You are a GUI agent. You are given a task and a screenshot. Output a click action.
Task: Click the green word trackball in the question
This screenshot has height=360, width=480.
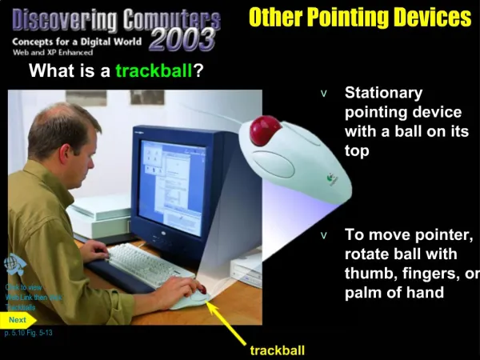coord(154,72)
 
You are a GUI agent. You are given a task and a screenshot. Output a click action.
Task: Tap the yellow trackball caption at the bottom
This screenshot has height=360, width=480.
coord(277,350)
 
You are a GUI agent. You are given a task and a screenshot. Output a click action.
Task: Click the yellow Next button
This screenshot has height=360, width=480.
coord(18,319)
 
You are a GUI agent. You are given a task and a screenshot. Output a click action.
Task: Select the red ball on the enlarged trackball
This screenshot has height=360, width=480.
coord(266,130)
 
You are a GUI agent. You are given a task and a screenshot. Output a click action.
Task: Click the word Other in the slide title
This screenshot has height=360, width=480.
coord(276,17)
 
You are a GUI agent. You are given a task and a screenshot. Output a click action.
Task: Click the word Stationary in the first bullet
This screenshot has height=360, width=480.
coord(383,94)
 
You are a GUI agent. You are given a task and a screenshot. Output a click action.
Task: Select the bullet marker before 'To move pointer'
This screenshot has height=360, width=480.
coord(324,236)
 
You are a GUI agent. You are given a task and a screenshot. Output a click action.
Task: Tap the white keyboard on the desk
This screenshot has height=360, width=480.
coord(144,263)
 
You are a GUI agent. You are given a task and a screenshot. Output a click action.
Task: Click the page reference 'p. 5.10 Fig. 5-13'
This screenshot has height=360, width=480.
coord(29,332)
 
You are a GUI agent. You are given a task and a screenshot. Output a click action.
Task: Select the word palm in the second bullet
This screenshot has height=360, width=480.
coord(362,292)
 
